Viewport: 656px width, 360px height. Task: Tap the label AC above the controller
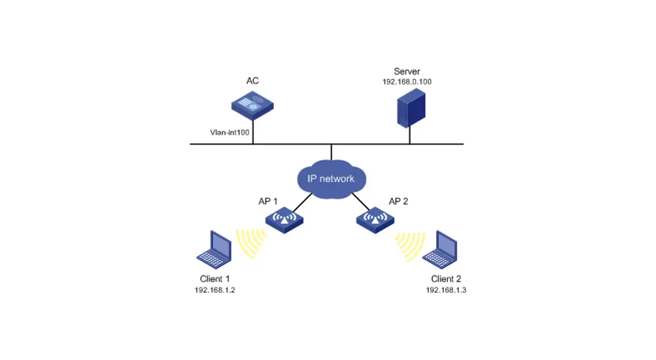(x=253, y=81)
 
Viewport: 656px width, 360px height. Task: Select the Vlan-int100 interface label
(x=229, y=133)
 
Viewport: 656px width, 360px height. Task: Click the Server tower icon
(x=410, y=108)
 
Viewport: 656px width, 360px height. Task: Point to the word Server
(x=407, y=71)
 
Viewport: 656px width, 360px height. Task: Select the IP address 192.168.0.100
(x=407, y=82)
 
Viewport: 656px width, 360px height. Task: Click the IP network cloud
(x=331, y=178)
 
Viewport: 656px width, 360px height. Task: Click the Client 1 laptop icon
(x=214, y=250)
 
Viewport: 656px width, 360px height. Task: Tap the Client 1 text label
(x=215, y=279)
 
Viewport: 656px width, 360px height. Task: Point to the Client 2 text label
(x=445, y=279)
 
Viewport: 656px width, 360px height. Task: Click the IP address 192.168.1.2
(x=215, y=290)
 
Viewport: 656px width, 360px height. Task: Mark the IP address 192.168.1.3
(x=445, y=290)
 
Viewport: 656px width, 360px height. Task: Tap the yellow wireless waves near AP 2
(x=410, y=245)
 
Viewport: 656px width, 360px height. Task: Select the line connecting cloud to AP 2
(x=363, y=202)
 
